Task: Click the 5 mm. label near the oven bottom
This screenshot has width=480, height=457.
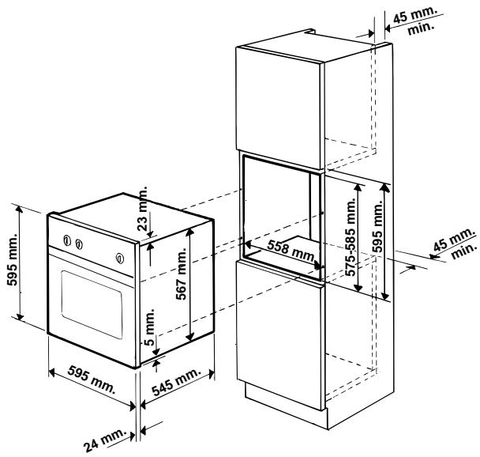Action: (150, 325)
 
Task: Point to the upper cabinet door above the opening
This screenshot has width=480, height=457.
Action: (279, 102)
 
